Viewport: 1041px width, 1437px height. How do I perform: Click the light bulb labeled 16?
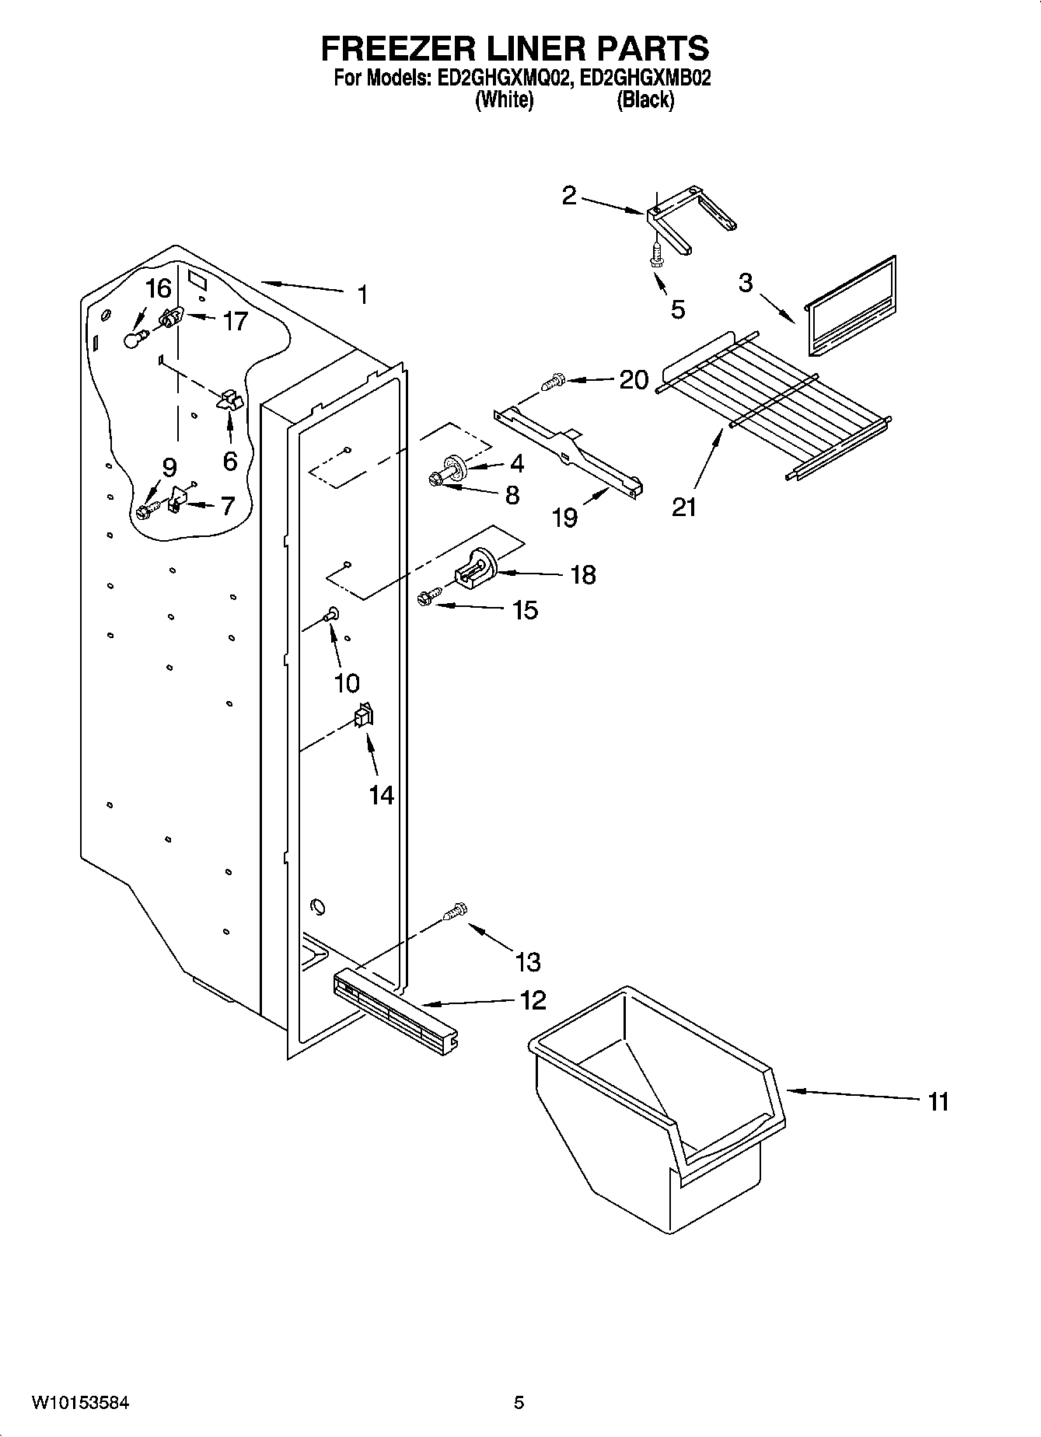[x=135, y=340]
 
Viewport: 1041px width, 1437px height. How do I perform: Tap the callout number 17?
[x=234, y=320]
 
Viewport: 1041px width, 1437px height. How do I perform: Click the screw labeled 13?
[x=455, y=911]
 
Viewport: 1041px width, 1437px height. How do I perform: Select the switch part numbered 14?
[x=363, y=715]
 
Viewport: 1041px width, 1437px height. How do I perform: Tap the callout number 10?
[x=346, y=682]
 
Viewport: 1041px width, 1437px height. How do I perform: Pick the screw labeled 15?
[x=428, y=597]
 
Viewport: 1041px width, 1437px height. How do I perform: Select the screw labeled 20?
[x=552, y=382]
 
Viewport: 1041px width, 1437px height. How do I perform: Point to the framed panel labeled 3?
[x=851, y=305]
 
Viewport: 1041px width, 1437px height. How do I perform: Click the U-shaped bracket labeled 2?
[x=684, y=221]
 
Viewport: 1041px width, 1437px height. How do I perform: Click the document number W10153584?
[x=81, y=1403]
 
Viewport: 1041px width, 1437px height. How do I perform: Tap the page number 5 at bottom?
[x=519, y=1403]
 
